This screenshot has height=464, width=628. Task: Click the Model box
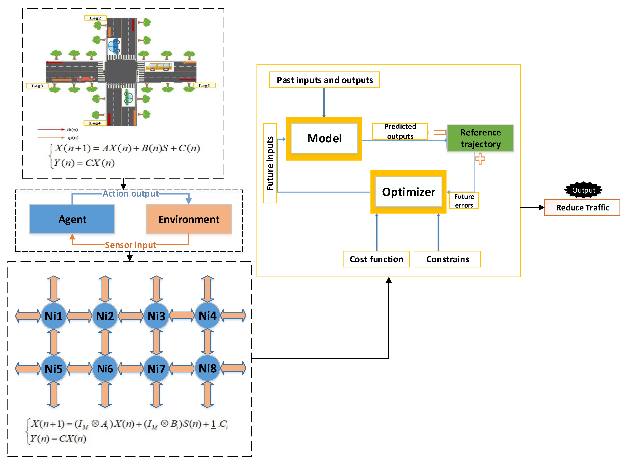(324, 138)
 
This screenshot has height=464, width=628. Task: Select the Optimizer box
(408, 192)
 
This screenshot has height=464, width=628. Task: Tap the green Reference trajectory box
(480, 138)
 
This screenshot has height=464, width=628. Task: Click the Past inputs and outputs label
(324, 80)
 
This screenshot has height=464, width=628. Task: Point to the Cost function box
(376, 259)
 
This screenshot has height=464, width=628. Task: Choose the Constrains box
(447, 259)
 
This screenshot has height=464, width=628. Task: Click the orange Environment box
(189, 219)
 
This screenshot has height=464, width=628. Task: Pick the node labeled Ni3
(156, 316)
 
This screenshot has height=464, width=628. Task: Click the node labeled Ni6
(105, 369)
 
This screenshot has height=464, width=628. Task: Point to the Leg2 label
(95, 18)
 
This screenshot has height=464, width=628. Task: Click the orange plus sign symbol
(480, 158)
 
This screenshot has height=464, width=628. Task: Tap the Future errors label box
(464, 201)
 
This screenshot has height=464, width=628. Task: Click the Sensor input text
(130, 245)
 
